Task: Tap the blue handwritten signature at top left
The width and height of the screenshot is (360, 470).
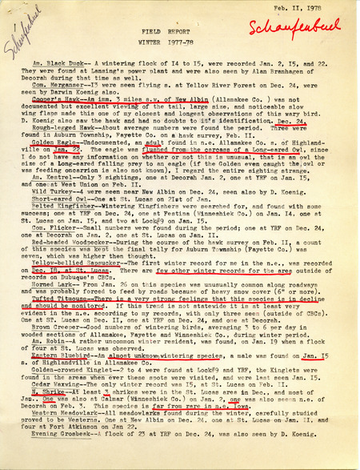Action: [x=18, y=40]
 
